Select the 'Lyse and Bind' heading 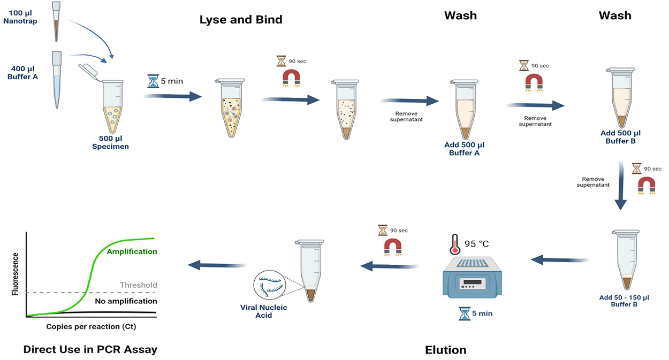(241, 20)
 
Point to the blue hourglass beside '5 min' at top (153, 81)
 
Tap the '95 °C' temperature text (476, 244)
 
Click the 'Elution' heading (446, 350)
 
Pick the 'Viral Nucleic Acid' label (263, 311)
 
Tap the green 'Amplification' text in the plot (132, 251)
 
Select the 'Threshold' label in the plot (139, 285)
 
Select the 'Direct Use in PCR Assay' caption (90, 350)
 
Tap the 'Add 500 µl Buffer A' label (464, 149)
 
